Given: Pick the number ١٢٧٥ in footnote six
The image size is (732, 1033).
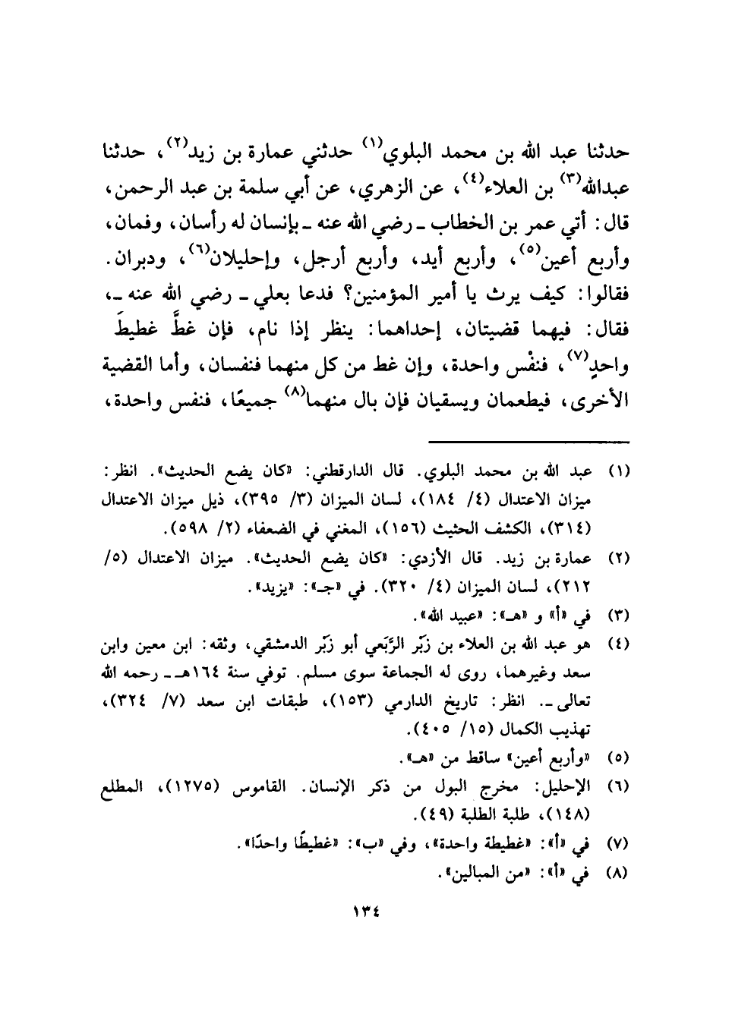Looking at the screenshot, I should tap(197, 790).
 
